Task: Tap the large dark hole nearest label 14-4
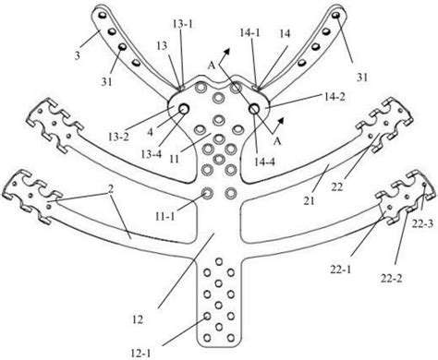[254, 111]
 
